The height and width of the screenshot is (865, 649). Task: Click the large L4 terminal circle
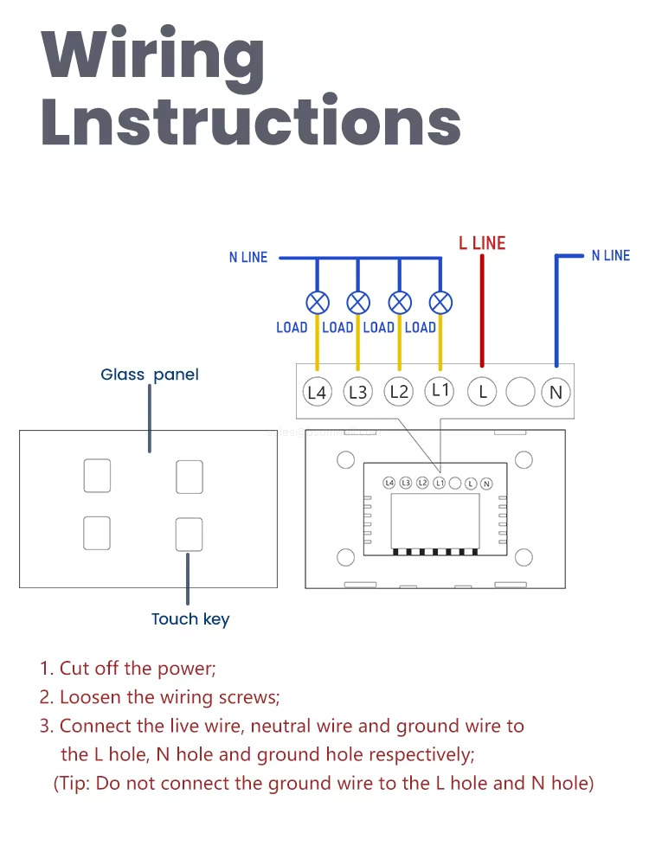[x=318, y=392]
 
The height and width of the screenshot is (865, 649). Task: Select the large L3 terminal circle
[x=357, y=392]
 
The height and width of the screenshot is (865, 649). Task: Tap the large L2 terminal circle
[x=399, y=392]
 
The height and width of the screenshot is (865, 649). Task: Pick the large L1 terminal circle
[x=440, y=390]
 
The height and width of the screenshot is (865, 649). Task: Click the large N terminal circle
[x=556, y=392]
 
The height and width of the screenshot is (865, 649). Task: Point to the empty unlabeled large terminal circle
[x=520, y=392]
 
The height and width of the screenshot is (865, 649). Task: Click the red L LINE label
[x=482, y=243]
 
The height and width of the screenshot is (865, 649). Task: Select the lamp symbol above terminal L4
[x=318, y=303]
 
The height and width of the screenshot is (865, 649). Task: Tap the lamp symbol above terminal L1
[x=440, y=303]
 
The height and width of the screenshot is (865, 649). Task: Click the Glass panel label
[x=150, y=375]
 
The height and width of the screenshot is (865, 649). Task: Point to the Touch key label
[x=190, y=619]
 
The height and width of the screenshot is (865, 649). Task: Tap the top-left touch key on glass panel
[x=97, y=477]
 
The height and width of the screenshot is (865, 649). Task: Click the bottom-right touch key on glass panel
[x=189, y=535]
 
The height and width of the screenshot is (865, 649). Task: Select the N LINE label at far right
[x=611, y=255]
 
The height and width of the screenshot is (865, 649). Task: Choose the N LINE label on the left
[x=248, y=257]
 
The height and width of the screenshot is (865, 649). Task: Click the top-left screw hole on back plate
[x=344, y=458]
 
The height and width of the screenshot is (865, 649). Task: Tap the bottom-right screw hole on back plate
[x=523, y=557]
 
